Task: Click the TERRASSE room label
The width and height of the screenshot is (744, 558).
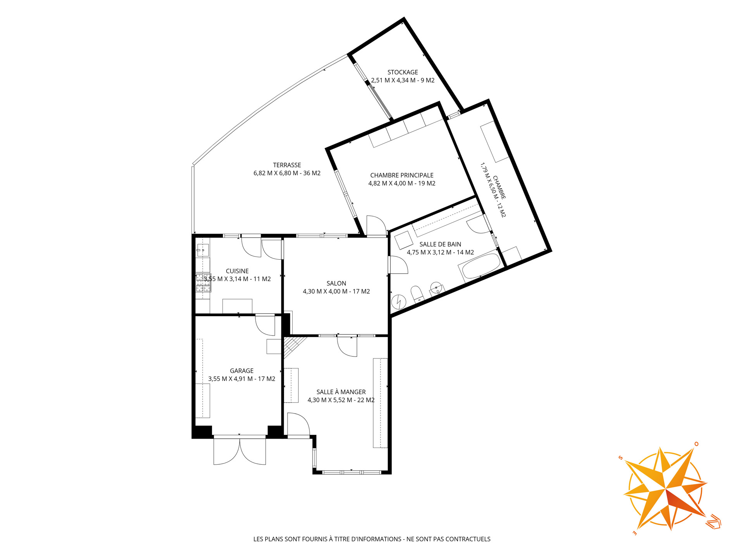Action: [287, 165]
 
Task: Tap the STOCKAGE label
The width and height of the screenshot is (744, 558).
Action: [403, 72]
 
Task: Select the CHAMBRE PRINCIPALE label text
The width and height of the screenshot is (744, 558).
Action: [402, 176]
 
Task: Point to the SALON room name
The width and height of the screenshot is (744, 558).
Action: [336, 284]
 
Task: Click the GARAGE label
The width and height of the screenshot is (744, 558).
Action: [242, 371]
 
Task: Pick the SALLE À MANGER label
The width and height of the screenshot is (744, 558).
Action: [341, 392]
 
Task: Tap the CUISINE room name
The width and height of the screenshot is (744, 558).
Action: [237, 271]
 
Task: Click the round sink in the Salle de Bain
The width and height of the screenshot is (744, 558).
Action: [437, 288]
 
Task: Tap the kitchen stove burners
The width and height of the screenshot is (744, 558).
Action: [203, 283]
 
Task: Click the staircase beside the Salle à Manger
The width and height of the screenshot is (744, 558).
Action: [293, 347]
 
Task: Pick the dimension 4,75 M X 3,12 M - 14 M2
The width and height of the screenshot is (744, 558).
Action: [440, 253]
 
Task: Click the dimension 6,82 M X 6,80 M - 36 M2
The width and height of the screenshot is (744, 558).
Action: [287, 173]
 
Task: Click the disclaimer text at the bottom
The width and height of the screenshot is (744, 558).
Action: [372, 539]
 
